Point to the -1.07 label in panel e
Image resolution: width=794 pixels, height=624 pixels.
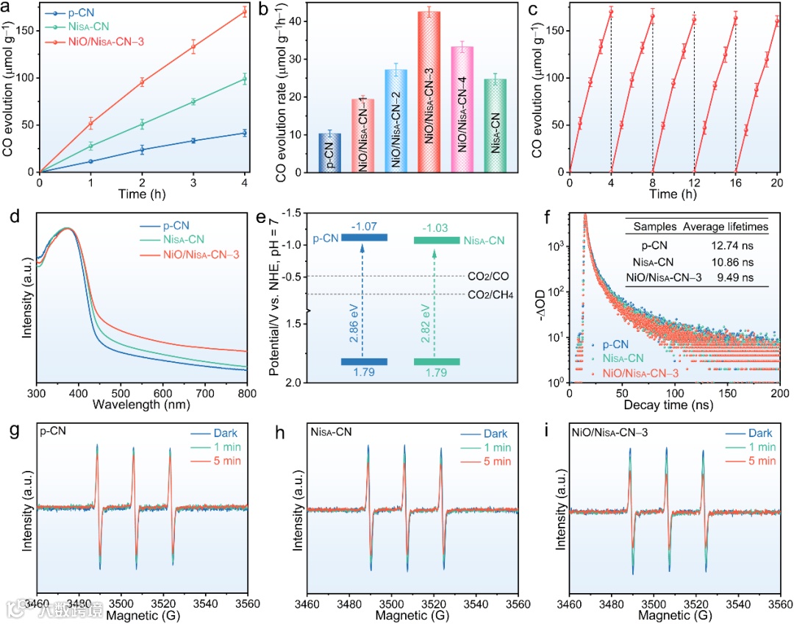click(x=364, y=225)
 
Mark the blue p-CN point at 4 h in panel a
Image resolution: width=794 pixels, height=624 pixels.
click(x=244, y=133)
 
